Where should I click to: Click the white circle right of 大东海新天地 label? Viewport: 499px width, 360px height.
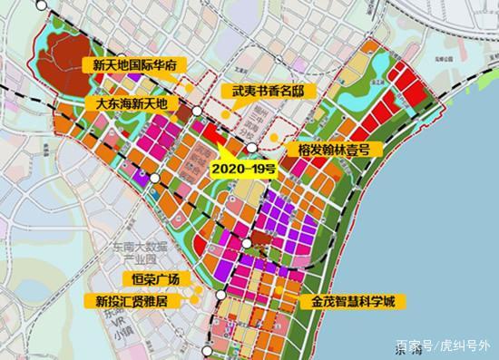click(x=196, y=110)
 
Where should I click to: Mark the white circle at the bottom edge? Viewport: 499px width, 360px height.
click(x=210, y=350)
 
